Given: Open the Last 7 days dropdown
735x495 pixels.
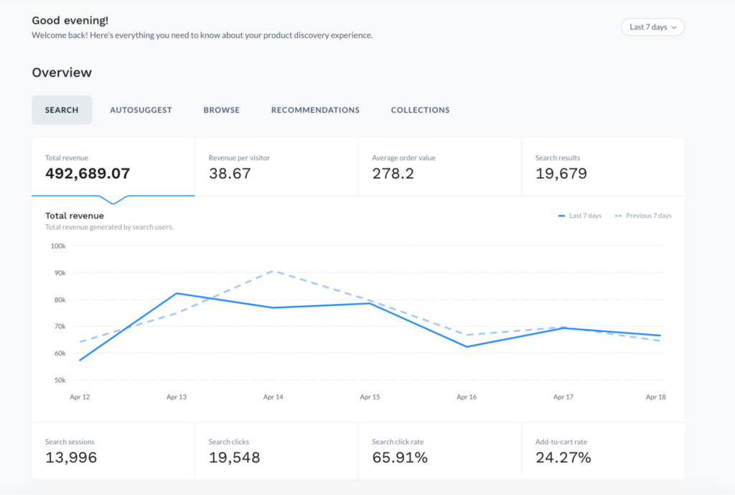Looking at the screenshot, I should (652, 27).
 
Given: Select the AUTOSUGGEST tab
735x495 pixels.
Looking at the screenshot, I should (141, 110).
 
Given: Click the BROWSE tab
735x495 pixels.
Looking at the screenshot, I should (221, 110).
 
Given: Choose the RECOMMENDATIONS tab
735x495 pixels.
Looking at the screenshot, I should (315, 110).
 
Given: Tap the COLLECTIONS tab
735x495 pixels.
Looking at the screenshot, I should (420, 110).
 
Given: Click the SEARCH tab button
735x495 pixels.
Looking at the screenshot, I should (62, 110).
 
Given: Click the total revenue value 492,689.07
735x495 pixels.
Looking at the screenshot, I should (87, 174).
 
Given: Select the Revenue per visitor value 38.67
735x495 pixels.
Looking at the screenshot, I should (230, 174).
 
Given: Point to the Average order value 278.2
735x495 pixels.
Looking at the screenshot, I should (393, 174).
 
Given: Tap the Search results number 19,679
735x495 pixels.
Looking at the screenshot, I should (561, 174).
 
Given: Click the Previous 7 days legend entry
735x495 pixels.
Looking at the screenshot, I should (643, 216).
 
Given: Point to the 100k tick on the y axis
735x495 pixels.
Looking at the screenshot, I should (57, 246).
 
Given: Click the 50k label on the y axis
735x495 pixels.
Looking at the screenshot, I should (59, 380).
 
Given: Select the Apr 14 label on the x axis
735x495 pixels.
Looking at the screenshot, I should (273, 397).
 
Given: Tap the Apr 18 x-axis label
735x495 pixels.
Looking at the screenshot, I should (655, 397).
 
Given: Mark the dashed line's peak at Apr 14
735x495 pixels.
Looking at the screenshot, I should (273, 271).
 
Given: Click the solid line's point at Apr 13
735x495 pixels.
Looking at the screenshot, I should (177, 293).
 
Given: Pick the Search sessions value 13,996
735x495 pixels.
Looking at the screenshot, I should (70, 458).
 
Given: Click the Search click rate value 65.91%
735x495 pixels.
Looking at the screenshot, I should (399, 458).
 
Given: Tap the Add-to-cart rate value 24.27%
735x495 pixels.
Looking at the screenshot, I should (563, 458).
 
